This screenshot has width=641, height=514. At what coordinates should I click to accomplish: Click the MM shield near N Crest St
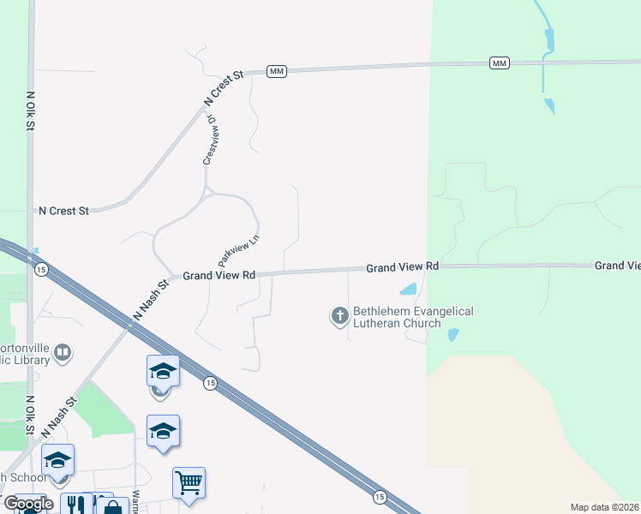(276, 71)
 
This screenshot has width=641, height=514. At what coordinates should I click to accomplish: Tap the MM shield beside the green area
(500, 63)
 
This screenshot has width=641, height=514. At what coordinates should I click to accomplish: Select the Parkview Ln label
(239, 249)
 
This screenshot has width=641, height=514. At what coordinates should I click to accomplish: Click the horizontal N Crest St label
(64, 210)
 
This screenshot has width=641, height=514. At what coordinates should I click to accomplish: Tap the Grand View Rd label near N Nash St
(219, 276)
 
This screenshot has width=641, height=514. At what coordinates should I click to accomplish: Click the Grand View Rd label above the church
(403, 267)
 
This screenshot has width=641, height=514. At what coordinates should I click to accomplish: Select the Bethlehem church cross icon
(340, 317)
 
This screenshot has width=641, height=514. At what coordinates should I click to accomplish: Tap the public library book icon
(62, 352)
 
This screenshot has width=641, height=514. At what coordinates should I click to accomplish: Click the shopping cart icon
(189, 481)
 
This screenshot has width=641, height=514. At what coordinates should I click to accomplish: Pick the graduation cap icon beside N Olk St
(57, 460)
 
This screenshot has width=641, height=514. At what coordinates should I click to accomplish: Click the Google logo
(27, 505)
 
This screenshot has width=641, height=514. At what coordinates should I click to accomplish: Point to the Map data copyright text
(605, 507)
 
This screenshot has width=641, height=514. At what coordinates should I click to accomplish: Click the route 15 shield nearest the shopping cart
(210, 383)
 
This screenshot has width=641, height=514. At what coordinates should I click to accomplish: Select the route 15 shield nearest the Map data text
(379, 496)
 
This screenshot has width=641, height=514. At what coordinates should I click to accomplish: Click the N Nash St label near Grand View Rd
(151, 299)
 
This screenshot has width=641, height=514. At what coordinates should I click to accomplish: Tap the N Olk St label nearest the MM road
(30, 111)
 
